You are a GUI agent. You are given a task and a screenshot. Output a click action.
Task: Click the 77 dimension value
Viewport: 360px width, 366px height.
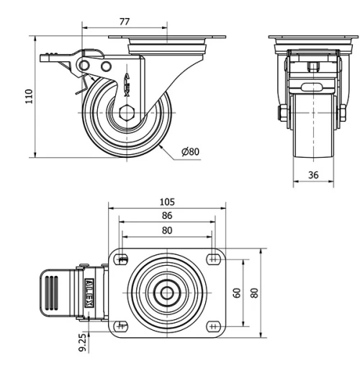click(124, 22)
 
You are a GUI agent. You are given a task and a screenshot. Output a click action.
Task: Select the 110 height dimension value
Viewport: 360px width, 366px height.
click(30, 97)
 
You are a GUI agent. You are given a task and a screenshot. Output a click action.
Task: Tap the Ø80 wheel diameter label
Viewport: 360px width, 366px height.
click(190, 151)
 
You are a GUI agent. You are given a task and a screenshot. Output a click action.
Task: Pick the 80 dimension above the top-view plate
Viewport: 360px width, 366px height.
click(166, 231)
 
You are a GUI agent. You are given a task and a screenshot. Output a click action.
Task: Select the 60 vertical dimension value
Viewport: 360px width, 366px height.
click(238, 293)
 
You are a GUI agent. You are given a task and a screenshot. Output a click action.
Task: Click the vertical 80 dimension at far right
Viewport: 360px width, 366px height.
click(253, 293)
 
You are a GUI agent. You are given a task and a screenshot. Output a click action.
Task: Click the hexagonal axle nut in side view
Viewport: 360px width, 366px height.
click(127, 112)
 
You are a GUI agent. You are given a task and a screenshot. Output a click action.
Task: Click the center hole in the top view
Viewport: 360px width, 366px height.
click(167, 293)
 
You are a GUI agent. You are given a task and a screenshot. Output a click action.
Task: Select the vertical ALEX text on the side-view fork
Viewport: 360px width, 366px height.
click(127, 84)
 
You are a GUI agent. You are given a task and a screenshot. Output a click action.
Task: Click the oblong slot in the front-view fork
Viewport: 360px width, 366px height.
click(313, 87)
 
